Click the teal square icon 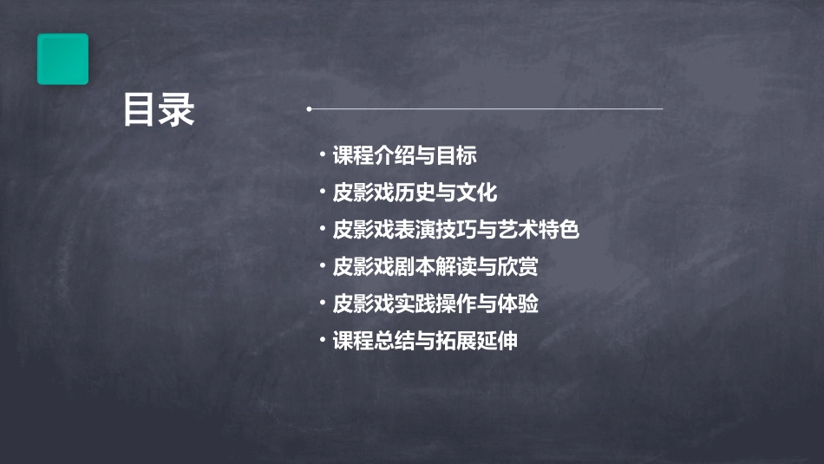tap(62, 59)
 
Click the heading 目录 tap(158, 110)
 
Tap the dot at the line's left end tap(310, 109)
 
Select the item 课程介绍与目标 tap(404, 156)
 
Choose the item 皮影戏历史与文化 tap(415, 193)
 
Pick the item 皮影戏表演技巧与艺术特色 tap(455, 231)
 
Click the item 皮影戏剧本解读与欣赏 tap(435, 267)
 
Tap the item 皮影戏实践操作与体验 tap(435, 304)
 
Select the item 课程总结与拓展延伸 tap(425, 341)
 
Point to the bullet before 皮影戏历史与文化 tap(322, 193)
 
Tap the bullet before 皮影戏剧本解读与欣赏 tap(322, 266)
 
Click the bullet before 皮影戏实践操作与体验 tap(322, 304)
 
